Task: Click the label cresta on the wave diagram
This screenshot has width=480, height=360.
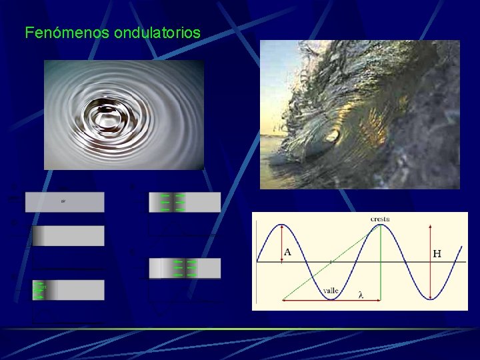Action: pyautogui.click(x=380, y=219)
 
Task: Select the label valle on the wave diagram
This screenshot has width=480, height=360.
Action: pyautogui.click(x=331, y=291)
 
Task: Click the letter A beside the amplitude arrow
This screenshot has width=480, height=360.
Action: pyautogui.click(x=288, y=252)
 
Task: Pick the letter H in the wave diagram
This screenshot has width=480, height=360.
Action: pyautogui.click(x=437, y=253)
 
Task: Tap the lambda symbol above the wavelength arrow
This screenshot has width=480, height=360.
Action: pyautogui.click(x=361, y=295)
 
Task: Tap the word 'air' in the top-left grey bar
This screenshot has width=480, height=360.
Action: pyautogui.click(x=63, y=201)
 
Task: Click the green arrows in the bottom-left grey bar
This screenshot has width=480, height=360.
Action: pyautogui.click(x=39, y=290)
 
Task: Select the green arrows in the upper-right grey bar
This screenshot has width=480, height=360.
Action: pyautogui.click(x=173, y=202)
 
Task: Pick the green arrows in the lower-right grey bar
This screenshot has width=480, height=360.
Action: pyautogui.click(x=184, y=268)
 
